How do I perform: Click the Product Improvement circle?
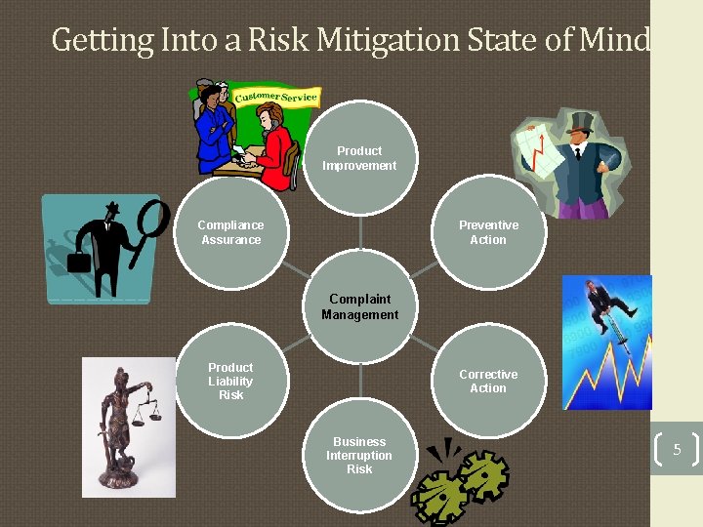(x=359, y=158)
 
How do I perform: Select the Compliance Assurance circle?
(x=230, y=232)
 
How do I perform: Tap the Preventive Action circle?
(x=488, y=232)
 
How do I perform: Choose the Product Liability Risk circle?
(x=230, y=381)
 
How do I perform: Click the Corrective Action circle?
(x=488, y=381)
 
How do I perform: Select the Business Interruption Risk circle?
(x=359, y=455)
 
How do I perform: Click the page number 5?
(x=677, y=450)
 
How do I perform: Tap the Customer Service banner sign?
(x=276, y=97)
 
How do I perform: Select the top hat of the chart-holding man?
(x=580, y=122)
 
